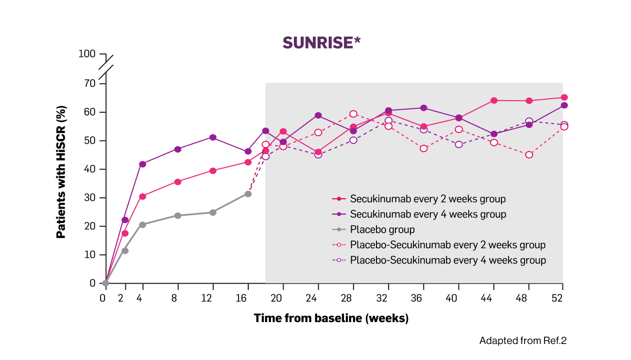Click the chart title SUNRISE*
(x=322, y=43)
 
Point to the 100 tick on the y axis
(x=88, y=53)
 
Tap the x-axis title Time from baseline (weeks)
(x=331, y=319)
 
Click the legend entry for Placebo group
(x=382, y=229)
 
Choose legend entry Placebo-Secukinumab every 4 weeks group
(x=447, y=260)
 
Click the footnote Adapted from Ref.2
(x=523, y=341)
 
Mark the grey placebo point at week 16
(x=248, y=194)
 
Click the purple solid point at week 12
(x=213, y=137)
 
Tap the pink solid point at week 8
(x=178, y=182)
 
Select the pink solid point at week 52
(x=564, y=98)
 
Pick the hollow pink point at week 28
(x=353, y=114)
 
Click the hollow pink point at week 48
(x=529, y=155)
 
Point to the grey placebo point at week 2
(x=125, y=251)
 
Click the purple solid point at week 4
(x=142, y=164)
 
